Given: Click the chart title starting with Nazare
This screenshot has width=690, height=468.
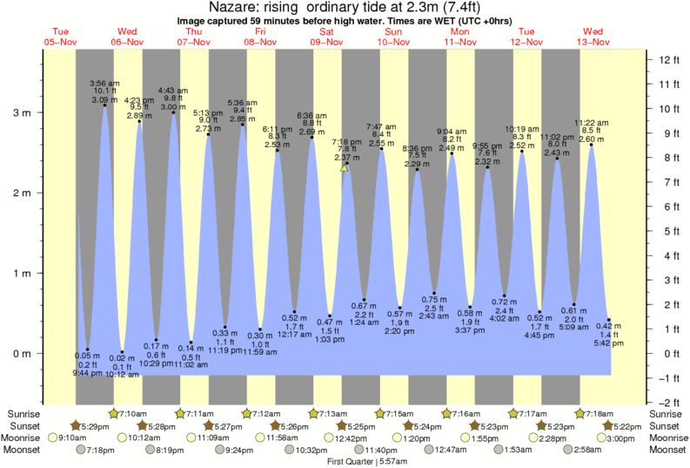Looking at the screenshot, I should pos(345,8).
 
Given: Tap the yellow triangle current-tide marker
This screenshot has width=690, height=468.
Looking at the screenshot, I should pos(345,167).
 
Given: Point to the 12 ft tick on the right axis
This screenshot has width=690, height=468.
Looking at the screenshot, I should pos(667,59).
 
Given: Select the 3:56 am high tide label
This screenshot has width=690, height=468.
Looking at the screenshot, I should pos(104,83).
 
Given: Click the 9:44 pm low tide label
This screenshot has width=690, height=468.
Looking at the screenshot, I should pos(87,372).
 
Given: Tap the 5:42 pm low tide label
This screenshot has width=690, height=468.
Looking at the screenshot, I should pos(607,343).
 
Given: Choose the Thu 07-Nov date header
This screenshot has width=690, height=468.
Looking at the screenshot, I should pos(194,37).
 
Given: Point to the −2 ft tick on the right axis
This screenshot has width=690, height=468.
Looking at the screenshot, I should pos(667,402).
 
